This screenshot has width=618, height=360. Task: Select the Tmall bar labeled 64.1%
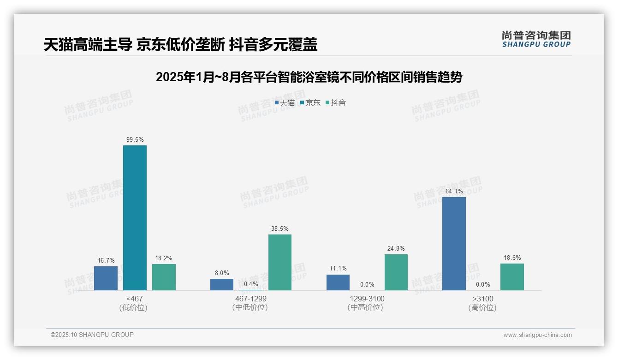pyautogui.click(x=454, y=244)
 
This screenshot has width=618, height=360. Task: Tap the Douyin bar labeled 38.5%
pyautogui.click(x=280, y=262)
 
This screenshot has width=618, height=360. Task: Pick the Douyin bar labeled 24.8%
pyautogui.click(x=396, y=272)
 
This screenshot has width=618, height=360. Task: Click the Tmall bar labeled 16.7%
pyautogui.click(x=106, y=278)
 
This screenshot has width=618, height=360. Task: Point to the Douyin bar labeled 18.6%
pyautogui.click(x=512, y=277)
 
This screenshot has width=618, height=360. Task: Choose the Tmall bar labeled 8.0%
pyautogui.click(x=222, y=284)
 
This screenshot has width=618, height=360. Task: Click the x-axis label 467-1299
pyautogui.click(x=250, y=299)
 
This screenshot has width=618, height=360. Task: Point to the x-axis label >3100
pyautogui.click(x=482, y=299)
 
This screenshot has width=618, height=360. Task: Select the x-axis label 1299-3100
pyautogui.click(x=367, y=299)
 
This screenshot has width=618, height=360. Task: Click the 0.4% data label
pyautogui.click(x=251, y=284)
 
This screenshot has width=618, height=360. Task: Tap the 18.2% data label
pyautogui.click(x=164, y=258)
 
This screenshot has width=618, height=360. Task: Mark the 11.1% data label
pyautogui.click(x=338, y=269)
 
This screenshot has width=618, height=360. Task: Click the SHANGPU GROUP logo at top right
pyautogui.click(x=536, y=39)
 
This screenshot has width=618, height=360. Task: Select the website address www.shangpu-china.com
pyautogui.click(x=537, y=335)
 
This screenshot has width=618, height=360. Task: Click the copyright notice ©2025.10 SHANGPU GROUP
pyautogui.click(x=92, y=335)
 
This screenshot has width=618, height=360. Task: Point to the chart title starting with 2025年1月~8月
pyautogui.click(x=309, y=77)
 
